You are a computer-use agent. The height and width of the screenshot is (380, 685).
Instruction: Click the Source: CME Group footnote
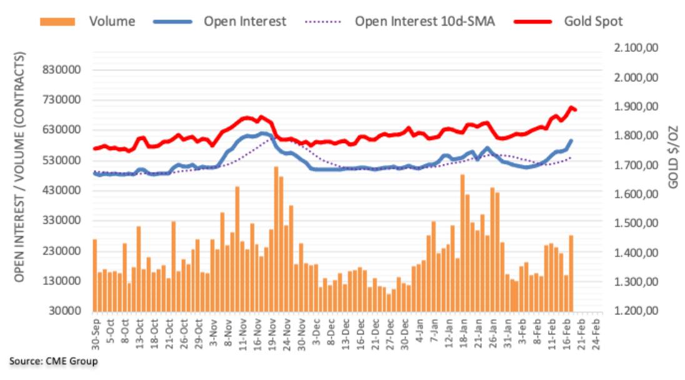[x=53, y=361]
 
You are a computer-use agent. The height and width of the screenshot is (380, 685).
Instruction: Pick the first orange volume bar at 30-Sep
[x=95, y=275]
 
